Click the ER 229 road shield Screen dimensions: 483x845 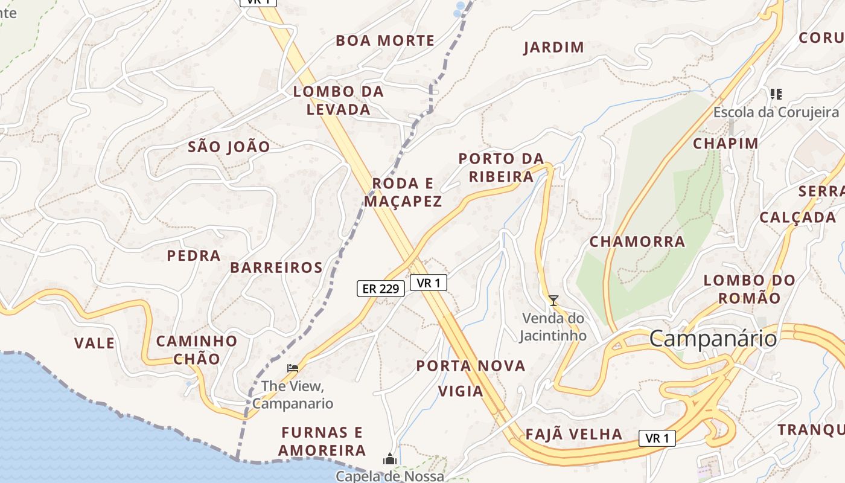click(380, 289)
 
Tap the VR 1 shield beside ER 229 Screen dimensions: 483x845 click(429, 282)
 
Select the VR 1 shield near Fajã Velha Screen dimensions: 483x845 click(657, 438)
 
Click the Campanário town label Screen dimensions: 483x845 click(713, 339)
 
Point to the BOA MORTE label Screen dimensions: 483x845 click(385, 40)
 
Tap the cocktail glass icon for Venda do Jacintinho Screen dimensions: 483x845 click(553, 300)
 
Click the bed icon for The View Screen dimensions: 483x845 click(293, 368)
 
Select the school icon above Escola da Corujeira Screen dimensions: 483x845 click(776, 94)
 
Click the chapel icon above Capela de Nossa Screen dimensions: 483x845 click(390, 459)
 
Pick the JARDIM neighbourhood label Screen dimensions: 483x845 click(553, 47)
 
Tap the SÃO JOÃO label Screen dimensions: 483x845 click(229, 146)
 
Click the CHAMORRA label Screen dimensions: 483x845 click(637, 242)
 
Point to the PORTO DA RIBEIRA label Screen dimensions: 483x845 click(501, 168)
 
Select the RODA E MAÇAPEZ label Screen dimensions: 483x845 click(403, 192)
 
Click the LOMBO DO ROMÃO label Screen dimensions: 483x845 click(750, 289)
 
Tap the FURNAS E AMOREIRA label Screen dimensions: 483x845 click(322, 441)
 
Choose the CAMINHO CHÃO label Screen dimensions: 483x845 click(197, 350)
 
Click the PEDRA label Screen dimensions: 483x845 click(194, 255)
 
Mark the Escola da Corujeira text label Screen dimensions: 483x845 click(776, 112)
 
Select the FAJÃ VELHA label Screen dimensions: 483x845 click(573, 434)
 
